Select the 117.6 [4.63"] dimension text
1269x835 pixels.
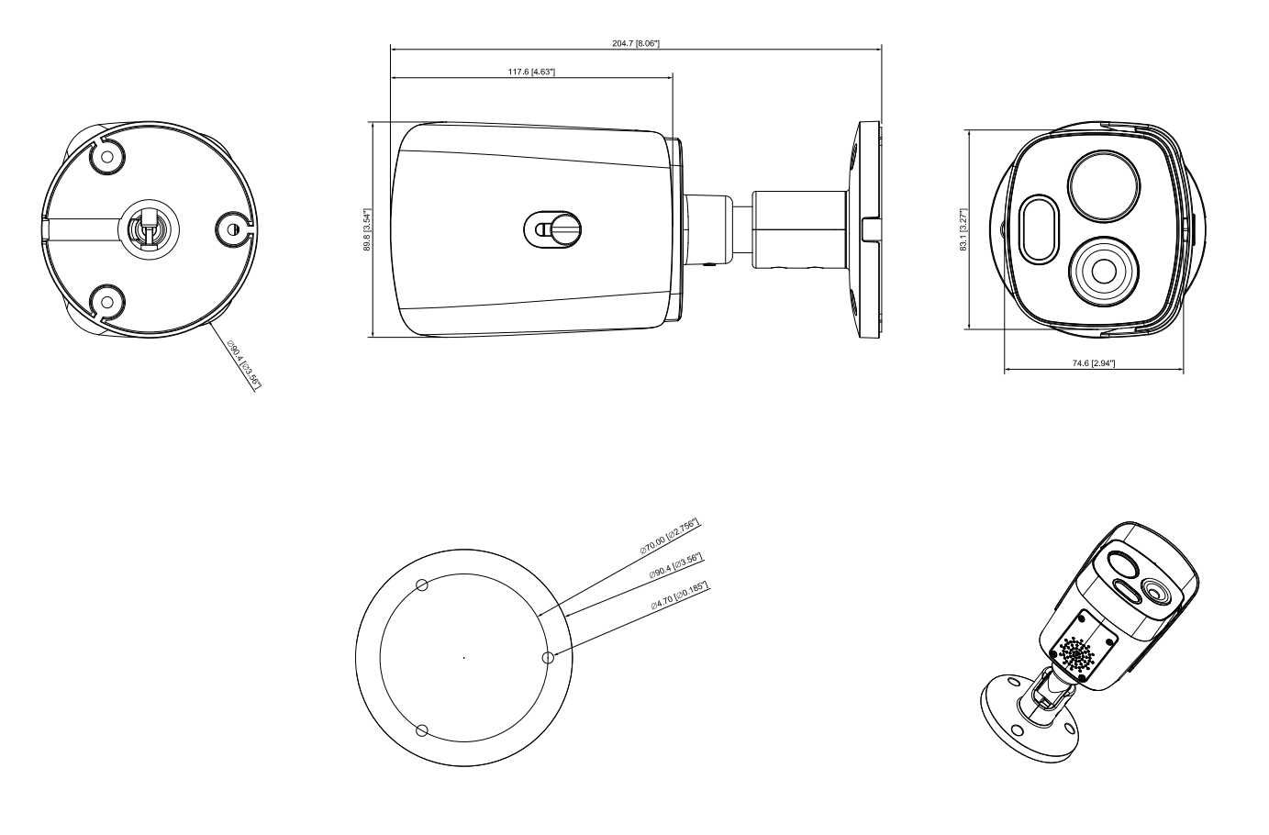coord(531,72)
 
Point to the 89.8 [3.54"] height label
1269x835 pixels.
coord(367,229)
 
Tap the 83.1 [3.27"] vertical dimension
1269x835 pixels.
coord(963,230)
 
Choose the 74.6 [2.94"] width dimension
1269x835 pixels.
coord(1093,363)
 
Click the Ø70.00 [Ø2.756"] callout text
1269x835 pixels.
coord(671,537)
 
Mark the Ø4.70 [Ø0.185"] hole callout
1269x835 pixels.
coord(680,596)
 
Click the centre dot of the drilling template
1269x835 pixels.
coord(463,657)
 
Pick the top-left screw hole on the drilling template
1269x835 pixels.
coord(421,584)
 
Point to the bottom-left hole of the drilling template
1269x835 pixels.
coord(421,730)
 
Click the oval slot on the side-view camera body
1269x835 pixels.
coord(551,228)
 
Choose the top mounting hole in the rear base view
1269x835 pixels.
coord(107,157)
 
